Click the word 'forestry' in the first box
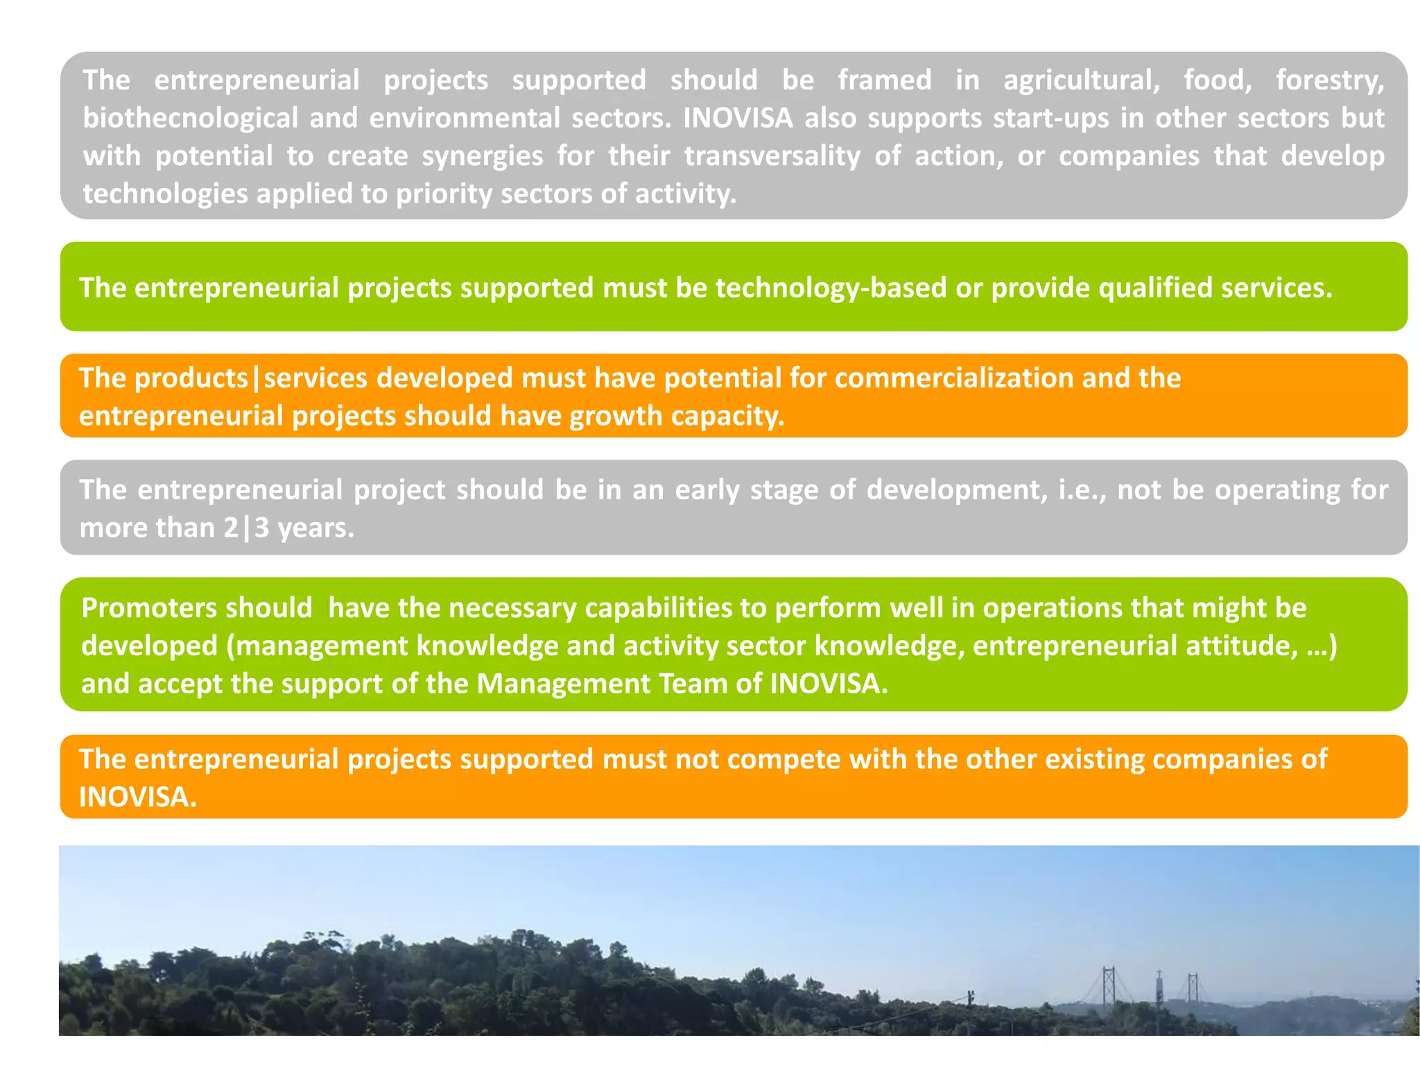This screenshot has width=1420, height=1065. point(1329,80)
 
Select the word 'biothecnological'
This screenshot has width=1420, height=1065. point(191,119)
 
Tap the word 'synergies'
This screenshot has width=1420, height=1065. point(483,156)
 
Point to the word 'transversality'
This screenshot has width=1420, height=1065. point(772,156)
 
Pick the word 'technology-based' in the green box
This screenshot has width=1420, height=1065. point(831,288)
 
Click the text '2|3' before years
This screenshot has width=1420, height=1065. point(246,528)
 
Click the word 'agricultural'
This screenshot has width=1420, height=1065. point(1082,80)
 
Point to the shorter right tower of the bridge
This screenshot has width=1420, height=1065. point(1193,989)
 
